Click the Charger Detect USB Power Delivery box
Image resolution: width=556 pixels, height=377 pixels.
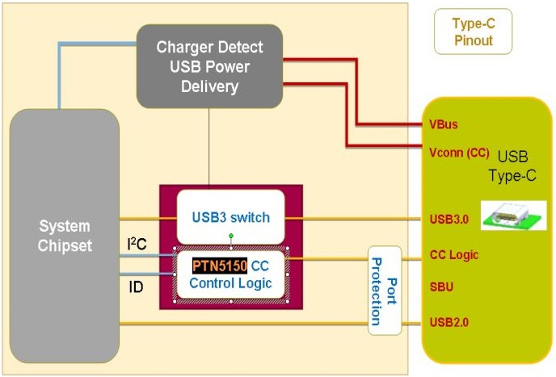210,65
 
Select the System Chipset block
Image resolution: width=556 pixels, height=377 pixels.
65,235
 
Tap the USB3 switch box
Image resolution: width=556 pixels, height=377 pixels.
231,217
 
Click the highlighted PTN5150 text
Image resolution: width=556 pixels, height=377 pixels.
219,266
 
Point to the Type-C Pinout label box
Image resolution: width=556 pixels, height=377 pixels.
473,31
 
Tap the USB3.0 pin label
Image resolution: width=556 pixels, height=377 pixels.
449,218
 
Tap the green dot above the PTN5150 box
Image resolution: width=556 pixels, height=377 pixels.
231,236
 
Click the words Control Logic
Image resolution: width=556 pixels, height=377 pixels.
231,283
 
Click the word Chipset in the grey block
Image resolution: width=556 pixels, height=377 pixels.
65,245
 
